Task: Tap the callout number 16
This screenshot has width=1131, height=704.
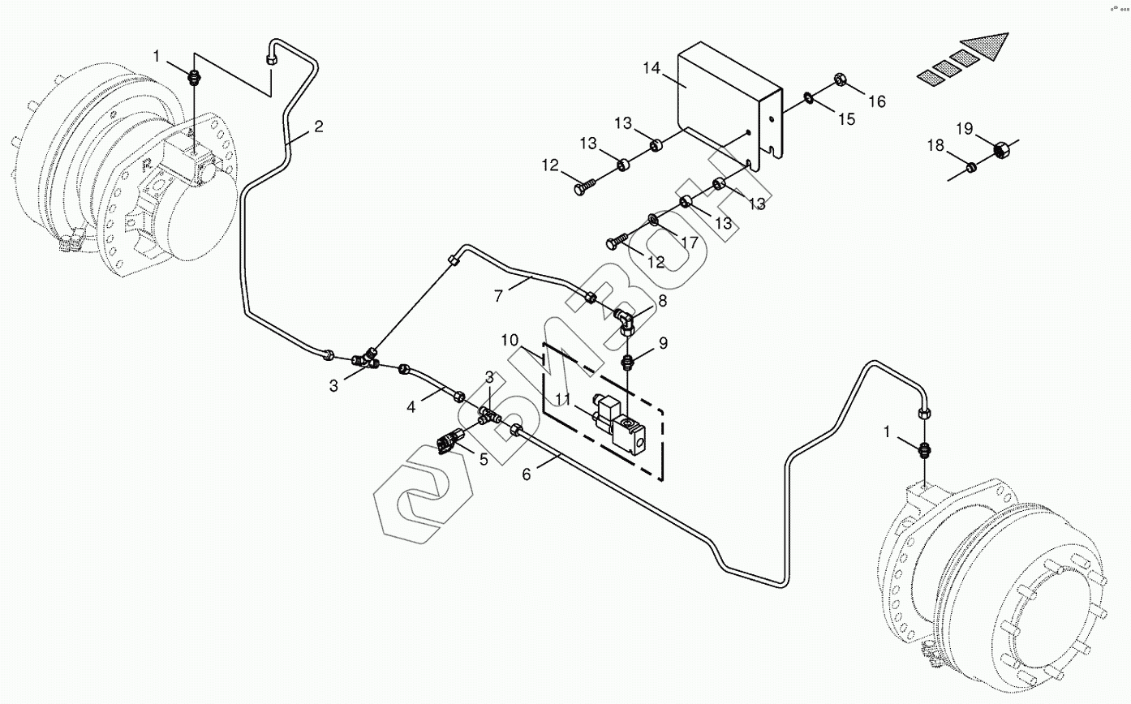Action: click(x=876, y=101)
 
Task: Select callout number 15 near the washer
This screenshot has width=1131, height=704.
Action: click(x=846, y=119)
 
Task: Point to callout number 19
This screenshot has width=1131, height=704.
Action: click(x=963, y=128)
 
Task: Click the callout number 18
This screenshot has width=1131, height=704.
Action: click(x=935, y=146)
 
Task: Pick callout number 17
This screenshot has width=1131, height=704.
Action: click(x=689, y=242)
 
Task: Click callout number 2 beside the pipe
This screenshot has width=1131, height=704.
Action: click(x=319, y=127)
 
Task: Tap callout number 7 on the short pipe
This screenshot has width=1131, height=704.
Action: click(x=500, y=295)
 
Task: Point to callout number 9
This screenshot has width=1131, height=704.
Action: click(x=663, y=343)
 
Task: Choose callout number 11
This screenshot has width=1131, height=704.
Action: click(x=564, y=399)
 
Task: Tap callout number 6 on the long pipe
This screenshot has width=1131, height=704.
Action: click(x=526, y=474)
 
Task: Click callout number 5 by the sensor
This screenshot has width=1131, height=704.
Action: click(x=484, y=459)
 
